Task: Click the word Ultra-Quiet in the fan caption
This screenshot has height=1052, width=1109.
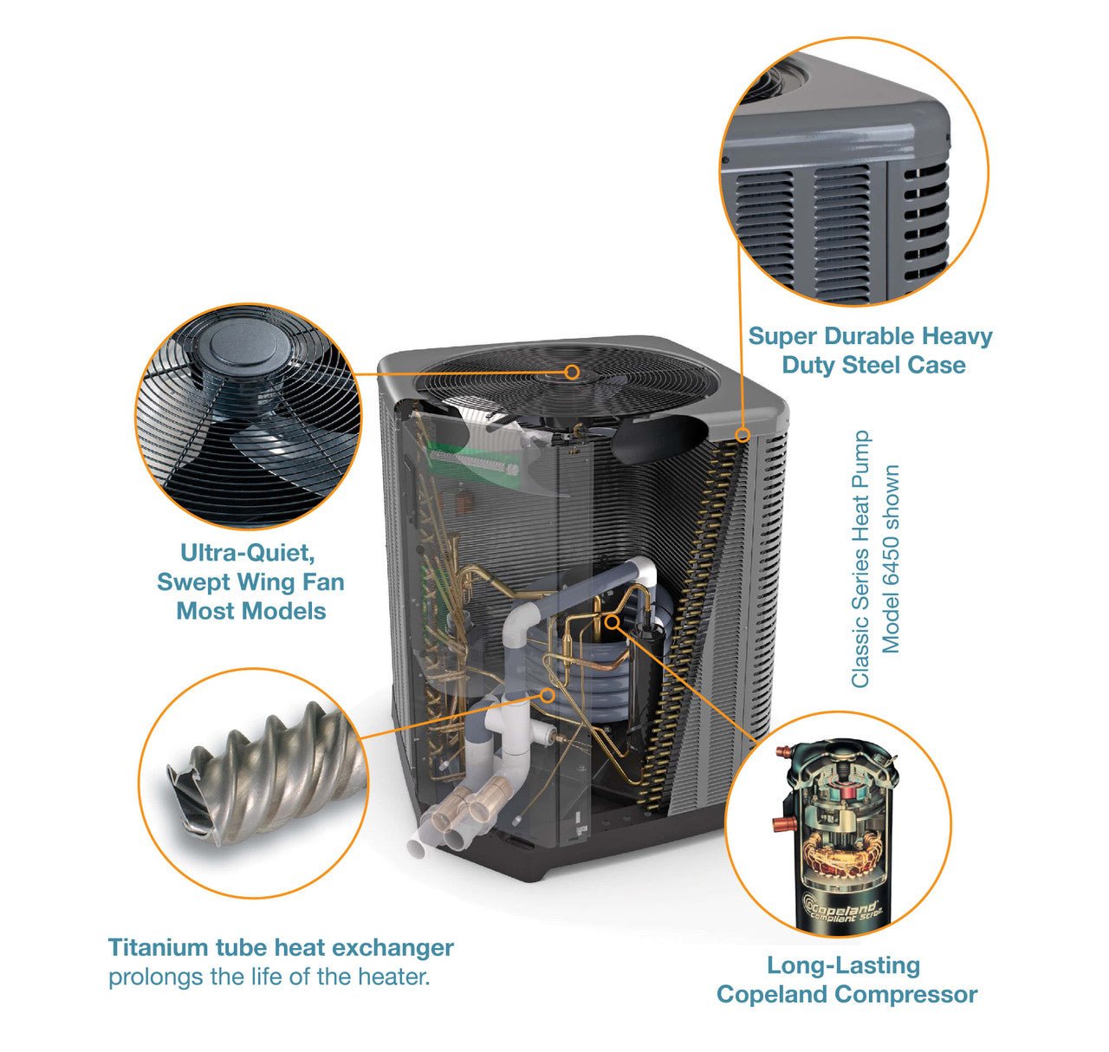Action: point(248,553)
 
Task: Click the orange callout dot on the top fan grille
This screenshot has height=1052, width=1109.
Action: point(572,372)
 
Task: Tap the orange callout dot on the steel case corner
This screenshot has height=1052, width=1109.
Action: point(743,434)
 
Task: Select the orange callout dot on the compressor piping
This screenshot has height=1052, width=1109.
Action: point(613,621)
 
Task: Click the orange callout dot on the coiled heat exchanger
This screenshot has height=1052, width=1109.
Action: point(547,695)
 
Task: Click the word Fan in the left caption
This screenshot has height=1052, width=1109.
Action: point(325,581)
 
